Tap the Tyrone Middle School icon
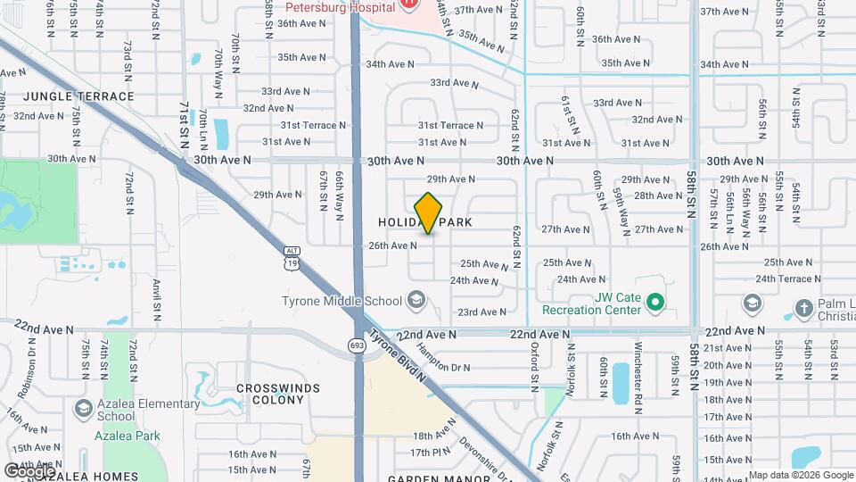coord(416,300)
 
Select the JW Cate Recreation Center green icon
coord(655,303)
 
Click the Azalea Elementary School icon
coord(83,409)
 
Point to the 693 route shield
coord(358,345)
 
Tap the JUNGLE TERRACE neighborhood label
coord(79,96)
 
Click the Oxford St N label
coord(535,366)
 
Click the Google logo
coord(29,470)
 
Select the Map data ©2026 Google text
coord(800,475)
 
